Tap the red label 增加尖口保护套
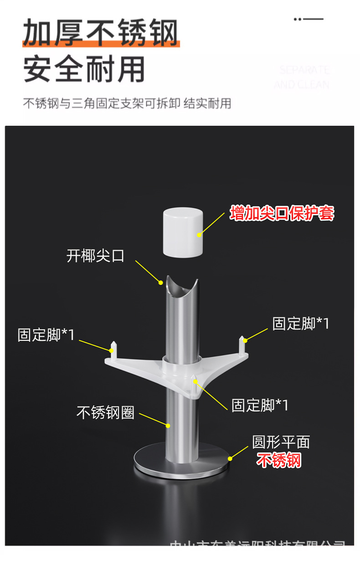(x=282, y=213)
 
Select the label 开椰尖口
(x=95, y=256)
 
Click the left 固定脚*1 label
(x=46, y=334)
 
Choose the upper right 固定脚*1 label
(x=300, y=324)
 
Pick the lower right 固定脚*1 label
(x=260, y=405)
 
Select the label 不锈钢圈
(x=105, y=413)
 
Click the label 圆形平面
(x=281, y=442)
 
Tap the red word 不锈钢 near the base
(x=278, y=461)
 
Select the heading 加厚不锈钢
(x=100, y=33)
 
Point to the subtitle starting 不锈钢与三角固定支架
(x=127, y=103)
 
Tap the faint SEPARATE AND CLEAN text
(x=302, y=77)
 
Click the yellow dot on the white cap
(x=199, y=235)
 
